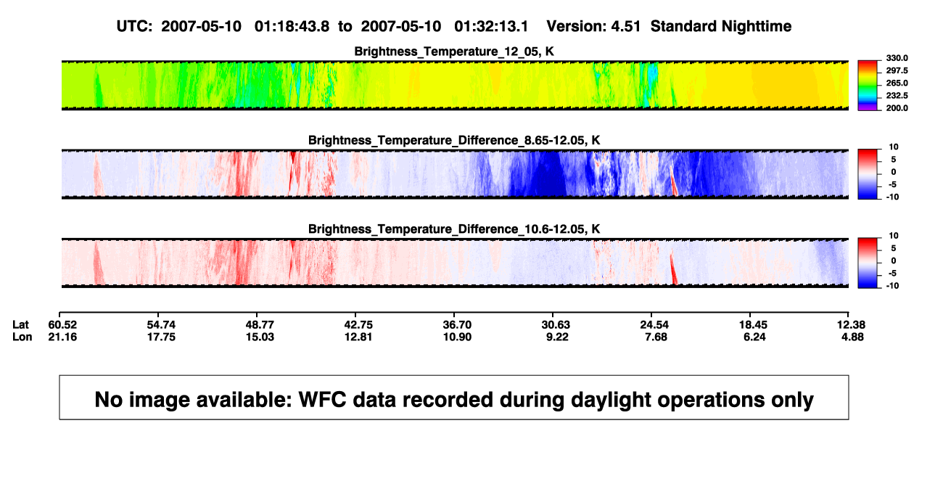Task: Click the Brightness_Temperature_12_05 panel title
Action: click(x=454, y=52)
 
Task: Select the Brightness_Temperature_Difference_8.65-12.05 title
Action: click(x=454, y=140)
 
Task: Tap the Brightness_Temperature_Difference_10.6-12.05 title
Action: click(x=454, y=229)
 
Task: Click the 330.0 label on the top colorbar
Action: click(x=897, y=58)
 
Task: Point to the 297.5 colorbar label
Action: click(x=897, y=70)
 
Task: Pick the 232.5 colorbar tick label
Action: click(x=897, y=96)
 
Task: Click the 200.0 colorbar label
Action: click(x=897, y=108)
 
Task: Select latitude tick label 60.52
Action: click(x=62, y=325)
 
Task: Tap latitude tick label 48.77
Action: click(x=260, y=325)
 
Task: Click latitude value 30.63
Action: click(x=556, y=325)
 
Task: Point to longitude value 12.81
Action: click(x=358, y=337)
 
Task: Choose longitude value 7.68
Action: click(x=656, y=337)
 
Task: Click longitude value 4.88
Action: click(x=852, y=337)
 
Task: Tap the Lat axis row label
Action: click(x=20, y=325)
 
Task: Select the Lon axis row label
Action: click(x=22, y=337)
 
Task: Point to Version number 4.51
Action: click(x=625, y=27)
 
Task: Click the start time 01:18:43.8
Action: click(x=292, y=27)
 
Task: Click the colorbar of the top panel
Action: click(x=868, y=86)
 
